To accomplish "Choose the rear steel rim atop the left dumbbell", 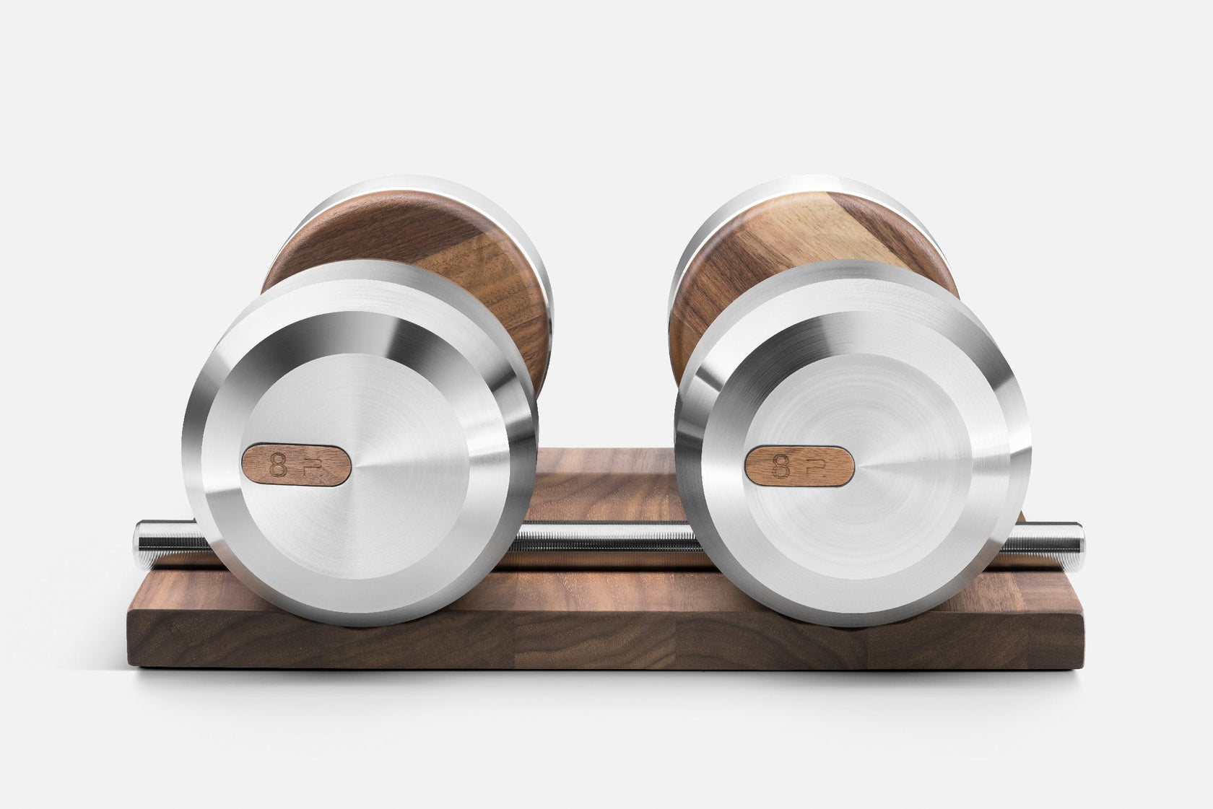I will tap(404, 189).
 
